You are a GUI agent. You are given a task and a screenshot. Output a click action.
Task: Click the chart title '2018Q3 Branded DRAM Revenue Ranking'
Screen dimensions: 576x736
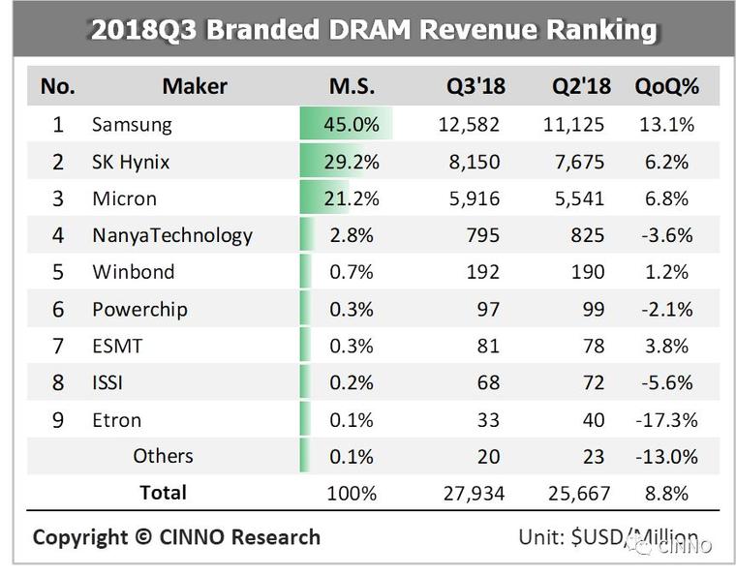373,29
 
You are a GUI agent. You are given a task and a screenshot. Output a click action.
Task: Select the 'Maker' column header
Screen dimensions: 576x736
194,86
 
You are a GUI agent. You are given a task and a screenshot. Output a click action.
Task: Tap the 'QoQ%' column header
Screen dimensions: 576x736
666,86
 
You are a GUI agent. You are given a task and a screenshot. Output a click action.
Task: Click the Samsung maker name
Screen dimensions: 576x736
132,124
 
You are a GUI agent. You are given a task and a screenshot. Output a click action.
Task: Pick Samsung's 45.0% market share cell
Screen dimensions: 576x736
351,124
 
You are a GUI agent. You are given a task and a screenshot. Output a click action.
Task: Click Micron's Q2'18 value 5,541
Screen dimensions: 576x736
578,198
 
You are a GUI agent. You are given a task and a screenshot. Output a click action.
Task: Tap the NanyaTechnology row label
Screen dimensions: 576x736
171,235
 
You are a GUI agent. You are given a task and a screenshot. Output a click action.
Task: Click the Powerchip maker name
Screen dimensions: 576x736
139,310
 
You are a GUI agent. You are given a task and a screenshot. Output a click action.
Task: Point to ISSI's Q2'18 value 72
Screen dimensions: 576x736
592,383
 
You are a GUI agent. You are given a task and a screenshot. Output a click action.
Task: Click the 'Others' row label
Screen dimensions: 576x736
163,456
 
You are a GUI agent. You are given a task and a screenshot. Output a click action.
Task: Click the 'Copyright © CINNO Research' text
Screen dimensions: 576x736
176,536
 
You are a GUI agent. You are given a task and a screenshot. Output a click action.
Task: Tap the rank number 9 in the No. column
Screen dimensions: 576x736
58,420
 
